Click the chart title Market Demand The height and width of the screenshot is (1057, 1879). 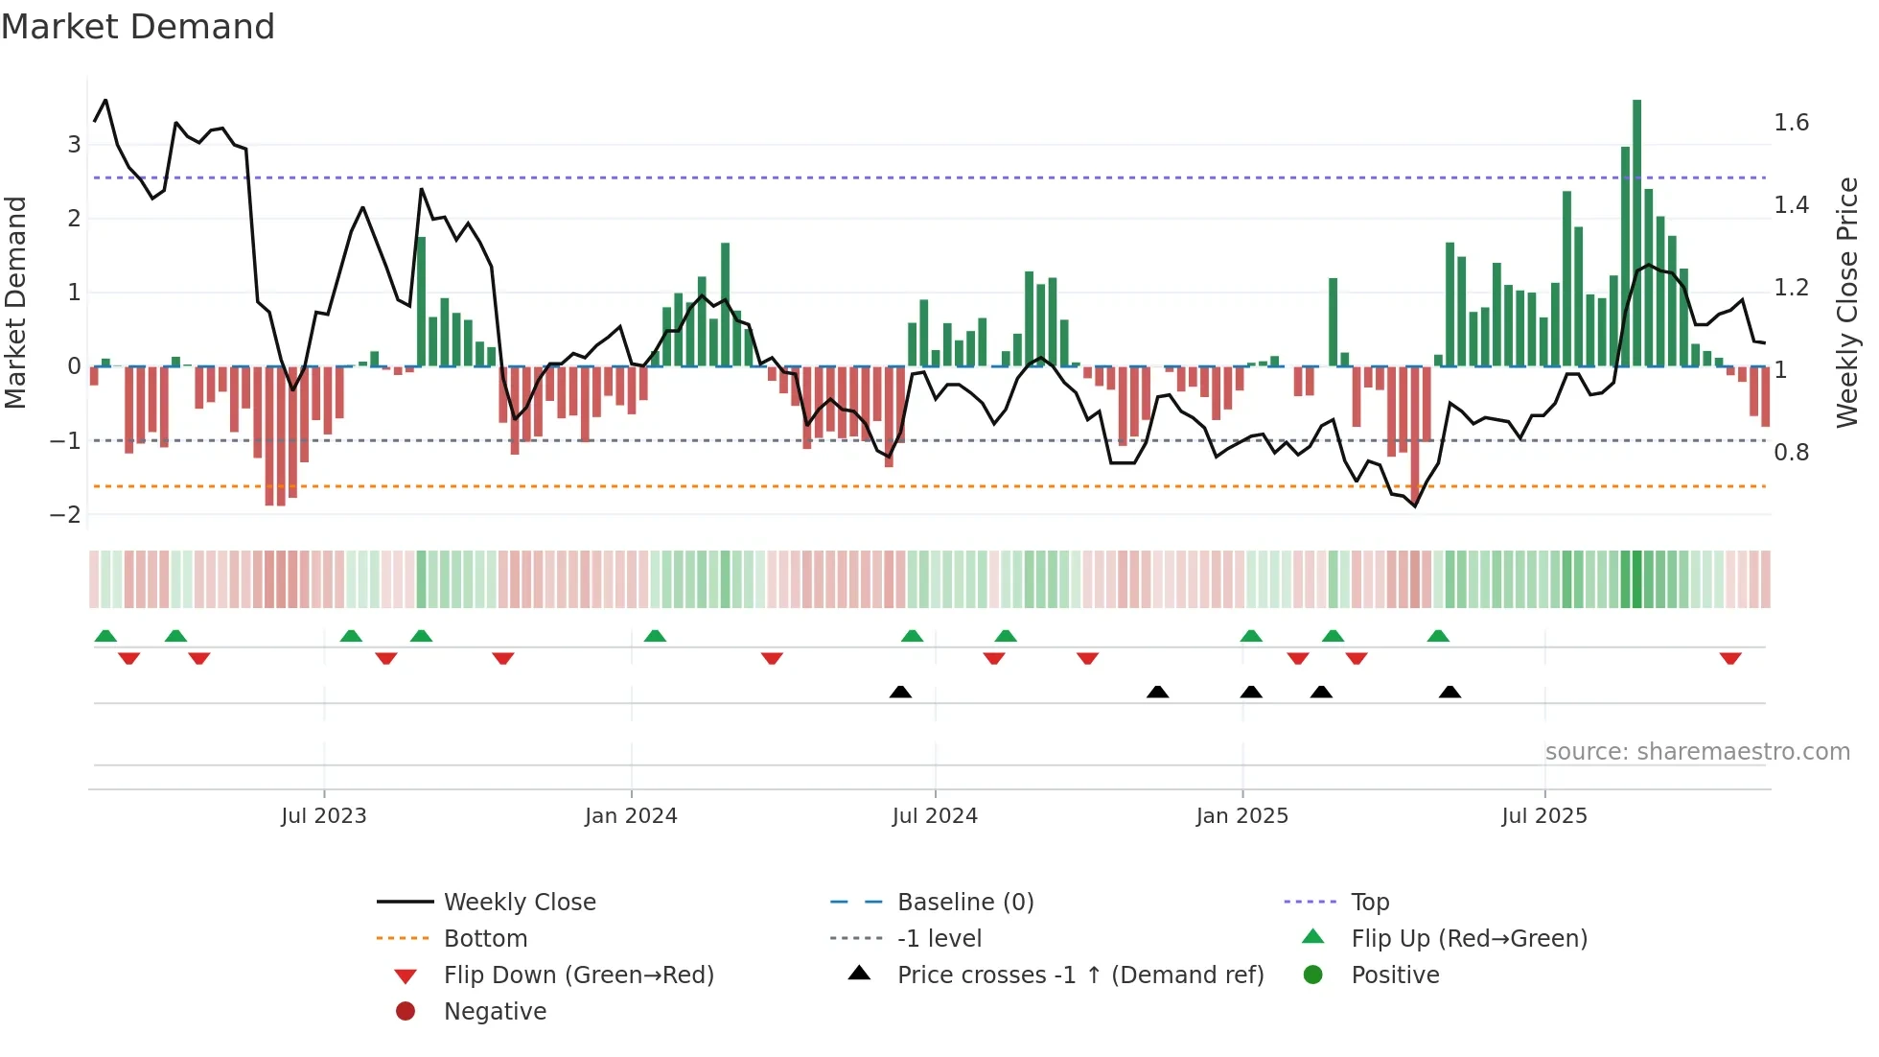(x=138, y=27)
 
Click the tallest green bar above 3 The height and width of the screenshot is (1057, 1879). (x=1636, y=230)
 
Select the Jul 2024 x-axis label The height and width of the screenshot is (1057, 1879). (x=935, y=816)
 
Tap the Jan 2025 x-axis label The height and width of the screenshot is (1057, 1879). (x=1242, y=816)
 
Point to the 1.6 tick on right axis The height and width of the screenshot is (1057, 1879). (x=1791, y=123)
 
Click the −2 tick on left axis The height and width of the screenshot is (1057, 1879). (x=66, y=515)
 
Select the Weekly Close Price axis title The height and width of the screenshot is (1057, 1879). (x=1846, y=302)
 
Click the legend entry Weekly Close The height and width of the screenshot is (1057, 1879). (x=520, y=903)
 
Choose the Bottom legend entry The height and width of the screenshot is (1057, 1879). (x=485, y=939)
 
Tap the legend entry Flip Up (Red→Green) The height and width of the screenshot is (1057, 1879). (x=1469, y=939)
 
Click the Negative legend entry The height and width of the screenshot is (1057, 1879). (x=495, y=1012)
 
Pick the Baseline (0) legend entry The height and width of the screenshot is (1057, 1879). (x=965, y=903)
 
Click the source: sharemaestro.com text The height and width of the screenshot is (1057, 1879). (x=1697, y=752)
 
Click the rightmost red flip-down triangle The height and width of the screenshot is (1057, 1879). (x=1730, y=659)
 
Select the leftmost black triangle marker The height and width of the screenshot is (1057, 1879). (x=900, y=692)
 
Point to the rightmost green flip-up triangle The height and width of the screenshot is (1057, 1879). (x=1438, y=636)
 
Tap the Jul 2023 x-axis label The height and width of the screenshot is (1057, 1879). (x=324, y=816)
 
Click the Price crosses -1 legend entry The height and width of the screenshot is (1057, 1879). (x=1080, y=975)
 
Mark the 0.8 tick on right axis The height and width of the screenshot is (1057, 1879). (x=1791, y=453)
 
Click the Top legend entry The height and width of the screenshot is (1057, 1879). (x=1370, y=903)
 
